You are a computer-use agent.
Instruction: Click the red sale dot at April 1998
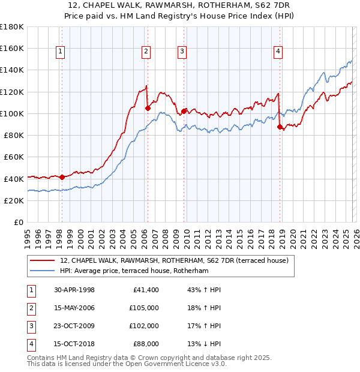tap(62, 177)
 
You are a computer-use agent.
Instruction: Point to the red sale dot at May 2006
tap(148, 108)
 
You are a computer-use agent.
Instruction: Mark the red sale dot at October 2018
tap(280, 127)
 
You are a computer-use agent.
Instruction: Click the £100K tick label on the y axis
tap(12, 113)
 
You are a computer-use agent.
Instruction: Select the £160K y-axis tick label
tap(12, 48)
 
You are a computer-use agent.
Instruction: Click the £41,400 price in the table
tap(146, 290)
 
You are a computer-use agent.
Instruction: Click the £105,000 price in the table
tap(144, 308)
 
